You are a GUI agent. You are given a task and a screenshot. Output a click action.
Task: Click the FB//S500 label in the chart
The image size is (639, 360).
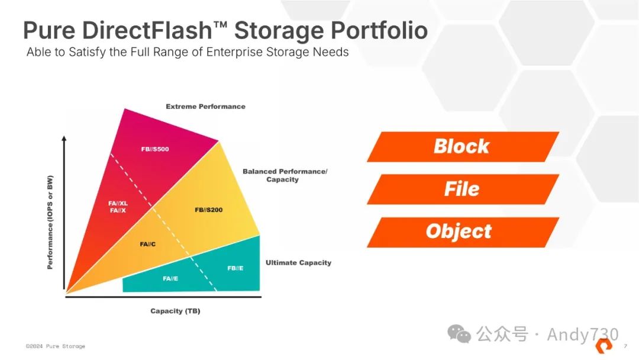coord(155,149)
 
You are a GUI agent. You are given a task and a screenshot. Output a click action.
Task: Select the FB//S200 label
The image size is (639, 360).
coord(209,210)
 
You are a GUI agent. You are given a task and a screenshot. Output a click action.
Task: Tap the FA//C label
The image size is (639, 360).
coord(148,244)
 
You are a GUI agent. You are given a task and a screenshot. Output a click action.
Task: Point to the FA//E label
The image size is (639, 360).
coord(170,278)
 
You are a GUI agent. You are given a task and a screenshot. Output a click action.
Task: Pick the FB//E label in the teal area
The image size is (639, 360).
coord(235,268)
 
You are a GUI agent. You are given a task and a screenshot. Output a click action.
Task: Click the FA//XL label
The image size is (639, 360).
coord(118,203)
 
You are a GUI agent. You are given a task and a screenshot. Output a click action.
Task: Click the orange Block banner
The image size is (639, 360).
coord(462,146)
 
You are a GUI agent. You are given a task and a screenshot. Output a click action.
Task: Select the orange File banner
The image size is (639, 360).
coord(462,189)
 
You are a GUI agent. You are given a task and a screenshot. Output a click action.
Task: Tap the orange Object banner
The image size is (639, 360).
coord(459,232)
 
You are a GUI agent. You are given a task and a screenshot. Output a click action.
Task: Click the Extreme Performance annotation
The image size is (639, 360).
coord(205,107)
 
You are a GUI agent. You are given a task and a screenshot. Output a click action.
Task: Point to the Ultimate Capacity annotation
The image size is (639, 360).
coord(298,262)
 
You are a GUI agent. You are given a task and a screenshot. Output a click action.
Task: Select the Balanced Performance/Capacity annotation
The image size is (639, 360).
coord(285,175)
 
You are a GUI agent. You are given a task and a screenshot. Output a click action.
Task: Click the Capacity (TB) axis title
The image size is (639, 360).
coord(175,311)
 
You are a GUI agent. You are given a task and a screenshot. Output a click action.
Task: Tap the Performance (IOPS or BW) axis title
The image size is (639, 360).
coord(50,222)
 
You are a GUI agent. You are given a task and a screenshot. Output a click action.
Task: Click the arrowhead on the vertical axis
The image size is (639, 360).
coord(64,139)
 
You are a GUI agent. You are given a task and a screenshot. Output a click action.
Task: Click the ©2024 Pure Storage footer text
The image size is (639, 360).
coord(56,346)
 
